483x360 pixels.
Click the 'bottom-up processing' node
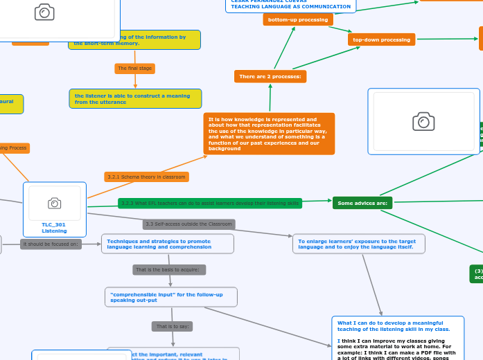[298, 20]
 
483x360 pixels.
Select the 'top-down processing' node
[381, 39]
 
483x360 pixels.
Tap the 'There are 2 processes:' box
[270, 76]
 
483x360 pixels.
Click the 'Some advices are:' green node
[362, 203]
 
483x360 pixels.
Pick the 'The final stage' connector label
[134, 69]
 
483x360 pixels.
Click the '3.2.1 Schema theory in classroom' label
[146, 177]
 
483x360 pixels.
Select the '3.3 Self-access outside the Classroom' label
[188, 224]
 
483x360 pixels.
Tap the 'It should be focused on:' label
[51, 244]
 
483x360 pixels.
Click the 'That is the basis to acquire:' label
[169, 270]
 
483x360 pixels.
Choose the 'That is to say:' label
[172, 326]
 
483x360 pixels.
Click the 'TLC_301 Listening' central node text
[54, 228]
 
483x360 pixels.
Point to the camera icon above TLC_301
[54, 203]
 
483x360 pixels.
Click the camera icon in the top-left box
[44, 12]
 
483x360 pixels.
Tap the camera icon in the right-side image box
[423, 122]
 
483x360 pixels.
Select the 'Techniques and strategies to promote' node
[167, 244]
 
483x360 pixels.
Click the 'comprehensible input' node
[170, 297]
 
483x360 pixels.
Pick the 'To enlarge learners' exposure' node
[358, 244]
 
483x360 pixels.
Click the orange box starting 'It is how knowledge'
[269, 134]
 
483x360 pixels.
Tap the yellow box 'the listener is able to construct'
[135, 99]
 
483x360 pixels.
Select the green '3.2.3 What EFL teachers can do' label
[210, 204]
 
